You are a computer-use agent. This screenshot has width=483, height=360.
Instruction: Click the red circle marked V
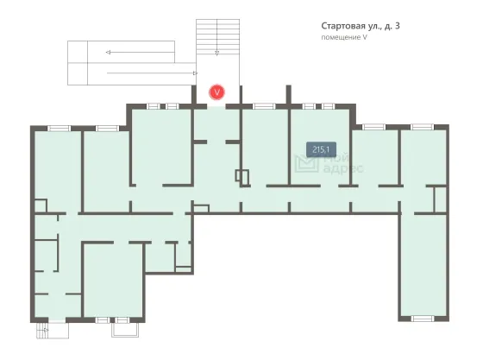(216, 92)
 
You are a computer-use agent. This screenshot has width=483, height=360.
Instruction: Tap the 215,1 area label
(321, 150)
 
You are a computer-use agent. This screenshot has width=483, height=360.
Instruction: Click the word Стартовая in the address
(343, 26)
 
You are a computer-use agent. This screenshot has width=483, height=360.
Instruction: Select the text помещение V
(344, 37)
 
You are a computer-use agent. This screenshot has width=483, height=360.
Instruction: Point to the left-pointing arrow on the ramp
(140, 53)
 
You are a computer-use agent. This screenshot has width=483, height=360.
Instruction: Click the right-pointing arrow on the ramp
(152, 73)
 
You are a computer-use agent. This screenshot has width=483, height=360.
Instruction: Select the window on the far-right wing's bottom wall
(423, 318)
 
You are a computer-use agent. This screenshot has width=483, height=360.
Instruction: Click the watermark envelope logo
(306, 164)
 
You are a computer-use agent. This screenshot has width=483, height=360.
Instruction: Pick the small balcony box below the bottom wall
(125, 330)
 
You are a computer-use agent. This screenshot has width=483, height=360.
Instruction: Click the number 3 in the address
(397, 26)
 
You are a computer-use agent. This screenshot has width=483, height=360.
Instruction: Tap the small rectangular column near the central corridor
(242, 176)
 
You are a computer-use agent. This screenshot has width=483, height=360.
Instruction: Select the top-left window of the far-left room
(59, 129)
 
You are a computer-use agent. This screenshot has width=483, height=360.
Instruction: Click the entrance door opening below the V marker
(216, 106)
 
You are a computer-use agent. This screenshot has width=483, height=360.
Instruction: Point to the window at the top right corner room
(422, 127)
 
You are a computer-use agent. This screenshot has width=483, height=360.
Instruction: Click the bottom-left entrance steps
(53, 331)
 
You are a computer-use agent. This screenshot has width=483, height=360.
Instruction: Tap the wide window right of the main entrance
(264, 106)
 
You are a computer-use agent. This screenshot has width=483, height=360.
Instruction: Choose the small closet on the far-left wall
(41, 205)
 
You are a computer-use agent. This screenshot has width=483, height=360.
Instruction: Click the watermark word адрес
(343, 168)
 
